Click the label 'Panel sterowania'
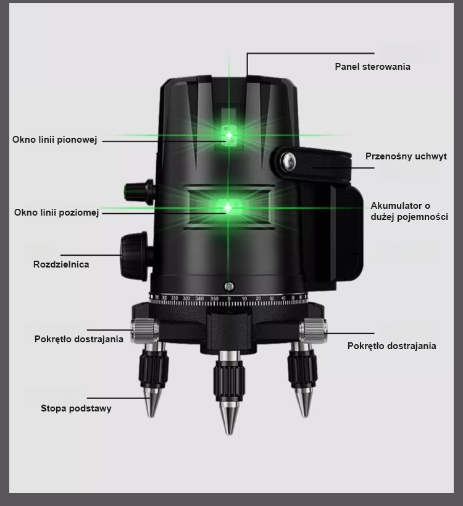point(372,67)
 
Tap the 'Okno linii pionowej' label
point(54,140)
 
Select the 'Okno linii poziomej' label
point(56,213)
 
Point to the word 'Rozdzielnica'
point(61,264)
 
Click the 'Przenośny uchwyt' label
point(406,156)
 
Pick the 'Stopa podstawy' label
point(76,408)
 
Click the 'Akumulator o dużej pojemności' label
point(409,211)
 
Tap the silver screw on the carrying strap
point(288,161)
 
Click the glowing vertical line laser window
point(229,135)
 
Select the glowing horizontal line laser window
point(228,208)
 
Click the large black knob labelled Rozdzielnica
point(133,256)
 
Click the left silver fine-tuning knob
point(144,330)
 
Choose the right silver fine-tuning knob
point(314,330)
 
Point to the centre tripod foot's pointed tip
point(229,432)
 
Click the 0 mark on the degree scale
point(229,299)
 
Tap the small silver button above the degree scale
point(229,286)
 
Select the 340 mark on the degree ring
point(199,298)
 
